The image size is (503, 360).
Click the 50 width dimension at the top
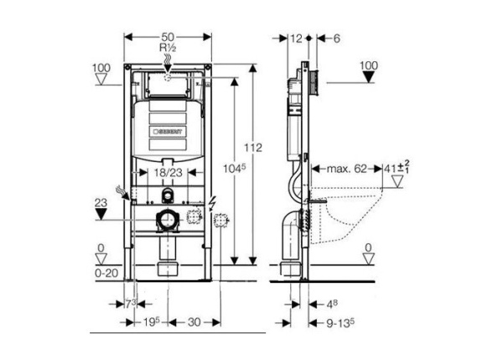pyautogui.click(x=168, y=37)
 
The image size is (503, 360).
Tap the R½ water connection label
pyautogui.click(x=168, y=49)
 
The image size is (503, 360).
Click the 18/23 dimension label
pyautogui.click(x=169, y=172)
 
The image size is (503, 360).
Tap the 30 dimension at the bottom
pyautogui.click(x=192, y=322)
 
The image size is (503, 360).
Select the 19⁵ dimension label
pyautogui.click(x=151, y=322)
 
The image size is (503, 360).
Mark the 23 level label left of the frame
pyautogui.click(x=101, y=202)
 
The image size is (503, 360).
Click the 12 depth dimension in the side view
pyautogui.click(x=295, y=38)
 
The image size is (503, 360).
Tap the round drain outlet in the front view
pyautogui.click(x=168, y=222)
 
